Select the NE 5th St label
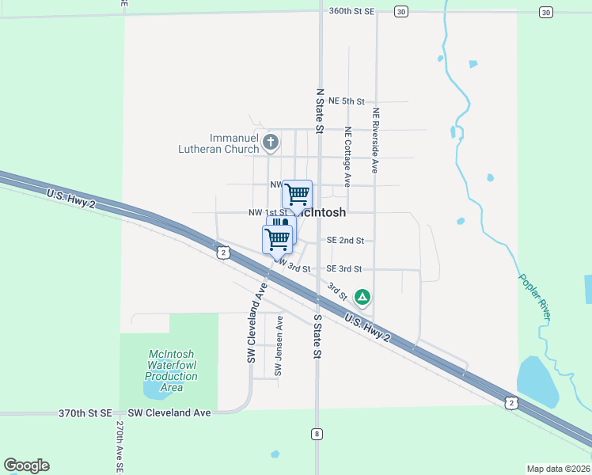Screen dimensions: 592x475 point(346,101)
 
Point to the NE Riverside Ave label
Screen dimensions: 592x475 point(376,140)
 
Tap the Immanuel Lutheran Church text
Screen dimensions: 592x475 point(234,143)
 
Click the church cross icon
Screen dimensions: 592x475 point(271,143)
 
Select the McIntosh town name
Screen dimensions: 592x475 point(322,212)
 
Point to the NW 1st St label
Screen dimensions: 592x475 point(267,212)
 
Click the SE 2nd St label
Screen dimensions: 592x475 point(344,240)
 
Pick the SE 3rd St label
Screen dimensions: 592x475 point(343,268)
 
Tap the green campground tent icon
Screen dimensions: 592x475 point(362,297)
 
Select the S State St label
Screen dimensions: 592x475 point(317,336)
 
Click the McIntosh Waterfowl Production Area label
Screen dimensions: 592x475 point(171,370)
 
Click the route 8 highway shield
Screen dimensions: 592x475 point(317,433)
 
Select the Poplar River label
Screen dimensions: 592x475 point(534,296)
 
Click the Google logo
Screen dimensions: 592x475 point(26,465)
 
